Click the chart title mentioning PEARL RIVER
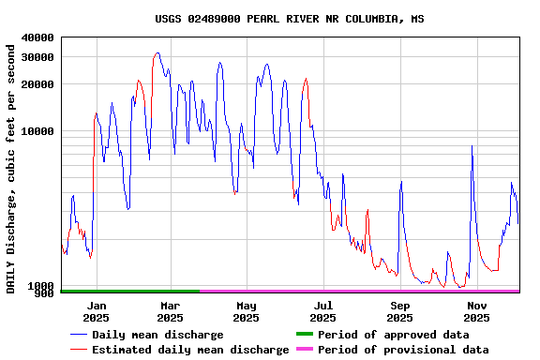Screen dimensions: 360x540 [x=290, y=19]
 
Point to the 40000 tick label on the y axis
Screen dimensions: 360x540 [x=37, y=37]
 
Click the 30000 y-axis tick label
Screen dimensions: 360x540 [x=37, y=57]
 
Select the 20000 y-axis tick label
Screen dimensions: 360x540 [x=37, y=84]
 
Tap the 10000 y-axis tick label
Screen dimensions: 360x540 [x=37, y=131]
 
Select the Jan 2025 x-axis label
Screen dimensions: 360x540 [x=96, y=311]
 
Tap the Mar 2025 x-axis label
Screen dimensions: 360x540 [x=170, y=311]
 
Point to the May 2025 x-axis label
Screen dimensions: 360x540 [x=246, y=311]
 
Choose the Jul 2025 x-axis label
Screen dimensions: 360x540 [x=322, y=311]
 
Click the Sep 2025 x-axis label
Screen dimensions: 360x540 [x=400, y=311]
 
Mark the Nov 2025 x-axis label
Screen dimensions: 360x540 [x=477, y=311]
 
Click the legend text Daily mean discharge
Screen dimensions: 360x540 [x=157, y=335]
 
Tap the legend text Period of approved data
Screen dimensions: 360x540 [x=393, y=335]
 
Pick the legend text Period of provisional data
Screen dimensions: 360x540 [x=403, y=350]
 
